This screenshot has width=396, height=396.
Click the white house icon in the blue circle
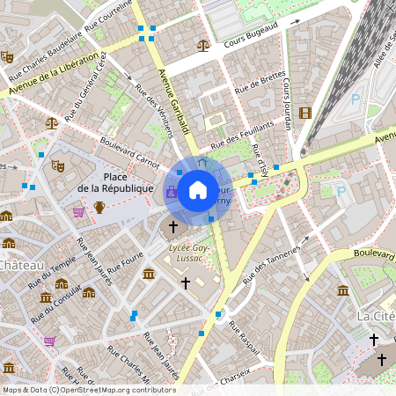(x=198, y=190)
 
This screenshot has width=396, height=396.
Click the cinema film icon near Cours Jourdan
(x=304, y=113)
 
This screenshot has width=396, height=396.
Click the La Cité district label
(x=376, y=315)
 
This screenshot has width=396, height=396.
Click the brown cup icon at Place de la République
(x=99, y=208)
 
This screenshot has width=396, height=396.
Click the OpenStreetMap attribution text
(x=88, y=389)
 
